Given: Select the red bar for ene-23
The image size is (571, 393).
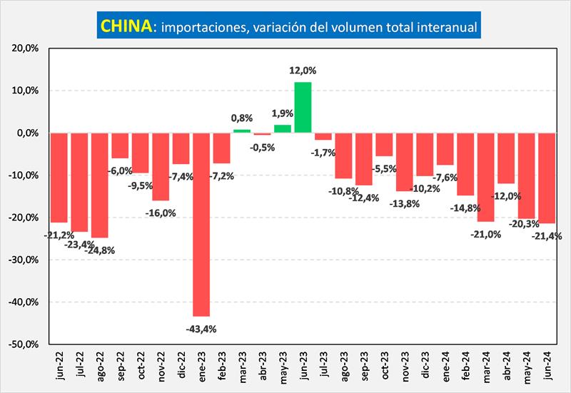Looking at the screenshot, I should coord(201,224).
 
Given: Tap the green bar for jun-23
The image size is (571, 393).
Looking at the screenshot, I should coord(303,107).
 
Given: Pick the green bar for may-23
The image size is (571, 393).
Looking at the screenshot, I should coord(283,129).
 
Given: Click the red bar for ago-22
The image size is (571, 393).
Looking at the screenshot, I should coord(99,185).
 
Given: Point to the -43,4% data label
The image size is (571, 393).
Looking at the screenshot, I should coord(201,329).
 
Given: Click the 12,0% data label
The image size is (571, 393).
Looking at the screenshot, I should coord(303,71).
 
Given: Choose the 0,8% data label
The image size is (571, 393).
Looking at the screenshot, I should coord(242,118).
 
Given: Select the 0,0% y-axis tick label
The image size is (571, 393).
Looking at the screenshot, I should coord(26,133).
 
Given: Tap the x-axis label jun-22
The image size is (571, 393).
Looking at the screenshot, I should coord(59,366).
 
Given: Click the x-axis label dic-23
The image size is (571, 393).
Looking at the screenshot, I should coord(425,366).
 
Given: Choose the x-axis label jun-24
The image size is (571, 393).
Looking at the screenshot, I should coord(547,366).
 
